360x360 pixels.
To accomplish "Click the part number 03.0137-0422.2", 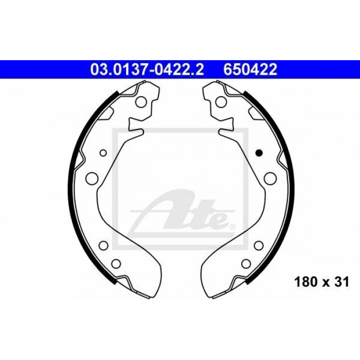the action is tap(147, 69).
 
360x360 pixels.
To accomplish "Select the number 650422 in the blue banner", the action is tap(250, 69).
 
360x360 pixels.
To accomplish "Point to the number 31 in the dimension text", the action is tap(341, 282).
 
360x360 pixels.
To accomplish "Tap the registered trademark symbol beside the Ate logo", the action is tap(232, 227).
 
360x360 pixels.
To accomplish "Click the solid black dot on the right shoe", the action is tap(259, 152).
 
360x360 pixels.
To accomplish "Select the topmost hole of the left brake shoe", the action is tap(141, 102).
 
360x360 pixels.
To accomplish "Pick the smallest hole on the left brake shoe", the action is tap(103, 153).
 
